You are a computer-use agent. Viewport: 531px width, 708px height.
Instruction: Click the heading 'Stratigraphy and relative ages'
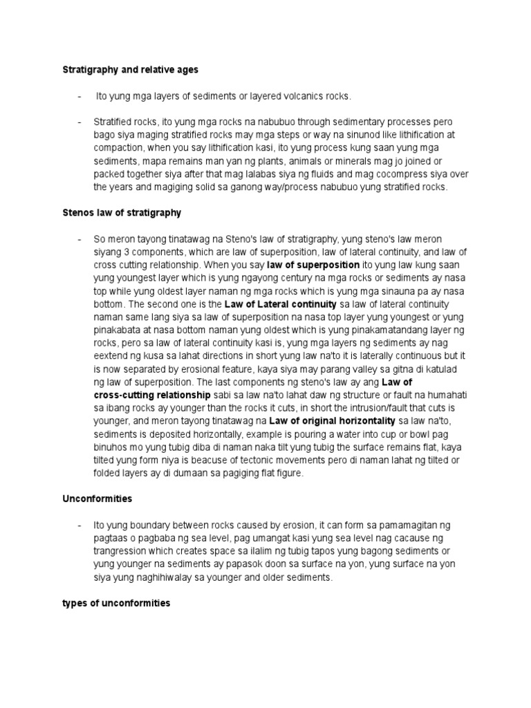pyautogui.click(x=131, y=70)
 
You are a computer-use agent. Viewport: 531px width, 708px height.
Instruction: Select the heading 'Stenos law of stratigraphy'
pyautogui.click(x=122, y=213)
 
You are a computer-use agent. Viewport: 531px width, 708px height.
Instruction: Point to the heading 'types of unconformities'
pyautogui.click(x=116, y=604)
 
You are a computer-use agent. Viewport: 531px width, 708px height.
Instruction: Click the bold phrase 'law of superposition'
pyautogui.click(x=313, y=265)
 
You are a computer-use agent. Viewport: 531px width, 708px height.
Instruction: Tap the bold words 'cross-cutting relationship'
pyautogui.click(x=152, y=395)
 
